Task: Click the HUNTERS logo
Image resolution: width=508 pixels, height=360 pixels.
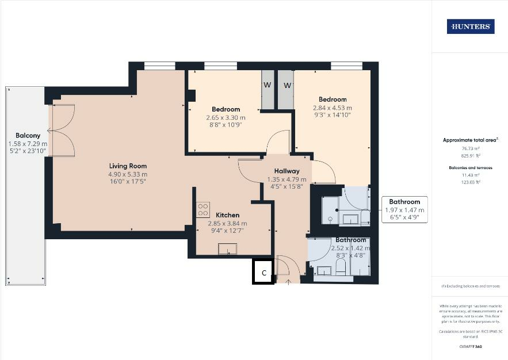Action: (470, 26)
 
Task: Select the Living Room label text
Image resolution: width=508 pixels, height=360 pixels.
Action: (128, 166)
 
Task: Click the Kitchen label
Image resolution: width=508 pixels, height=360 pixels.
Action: (227, 215)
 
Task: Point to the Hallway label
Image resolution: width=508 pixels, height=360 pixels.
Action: (287, 171)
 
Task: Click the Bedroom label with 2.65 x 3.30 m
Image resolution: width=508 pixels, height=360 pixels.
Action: (226, 109)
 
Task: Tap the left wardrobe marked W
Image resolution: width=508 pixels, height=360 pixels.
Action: (268, 86)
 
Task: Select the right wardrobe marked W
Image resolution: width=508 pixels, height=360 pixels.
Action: (286, 86)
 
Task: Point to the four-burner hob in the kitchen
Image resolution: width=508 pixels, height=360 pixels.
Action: (203, 210)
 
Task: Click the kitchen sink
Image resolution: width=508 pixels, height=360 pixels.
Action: (228, 249)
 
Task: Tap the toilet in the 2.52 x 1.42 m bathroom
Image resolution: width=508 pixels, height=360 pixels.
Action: (339, 266)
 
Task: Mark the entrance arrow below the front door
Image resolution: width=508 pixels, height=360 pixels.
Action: (288, 281)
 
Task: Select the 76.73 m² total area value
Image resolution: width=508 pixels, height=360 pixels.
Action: (470, 148)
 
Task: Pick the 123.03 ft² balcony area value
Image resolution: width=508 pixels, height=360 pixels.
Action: (470, 182)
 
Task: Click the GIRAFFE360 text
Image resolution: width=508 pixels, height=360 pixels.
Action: (469, 347)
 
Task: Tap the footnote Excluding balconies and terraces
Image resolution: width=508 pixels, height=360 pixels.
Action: (469, 286)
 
